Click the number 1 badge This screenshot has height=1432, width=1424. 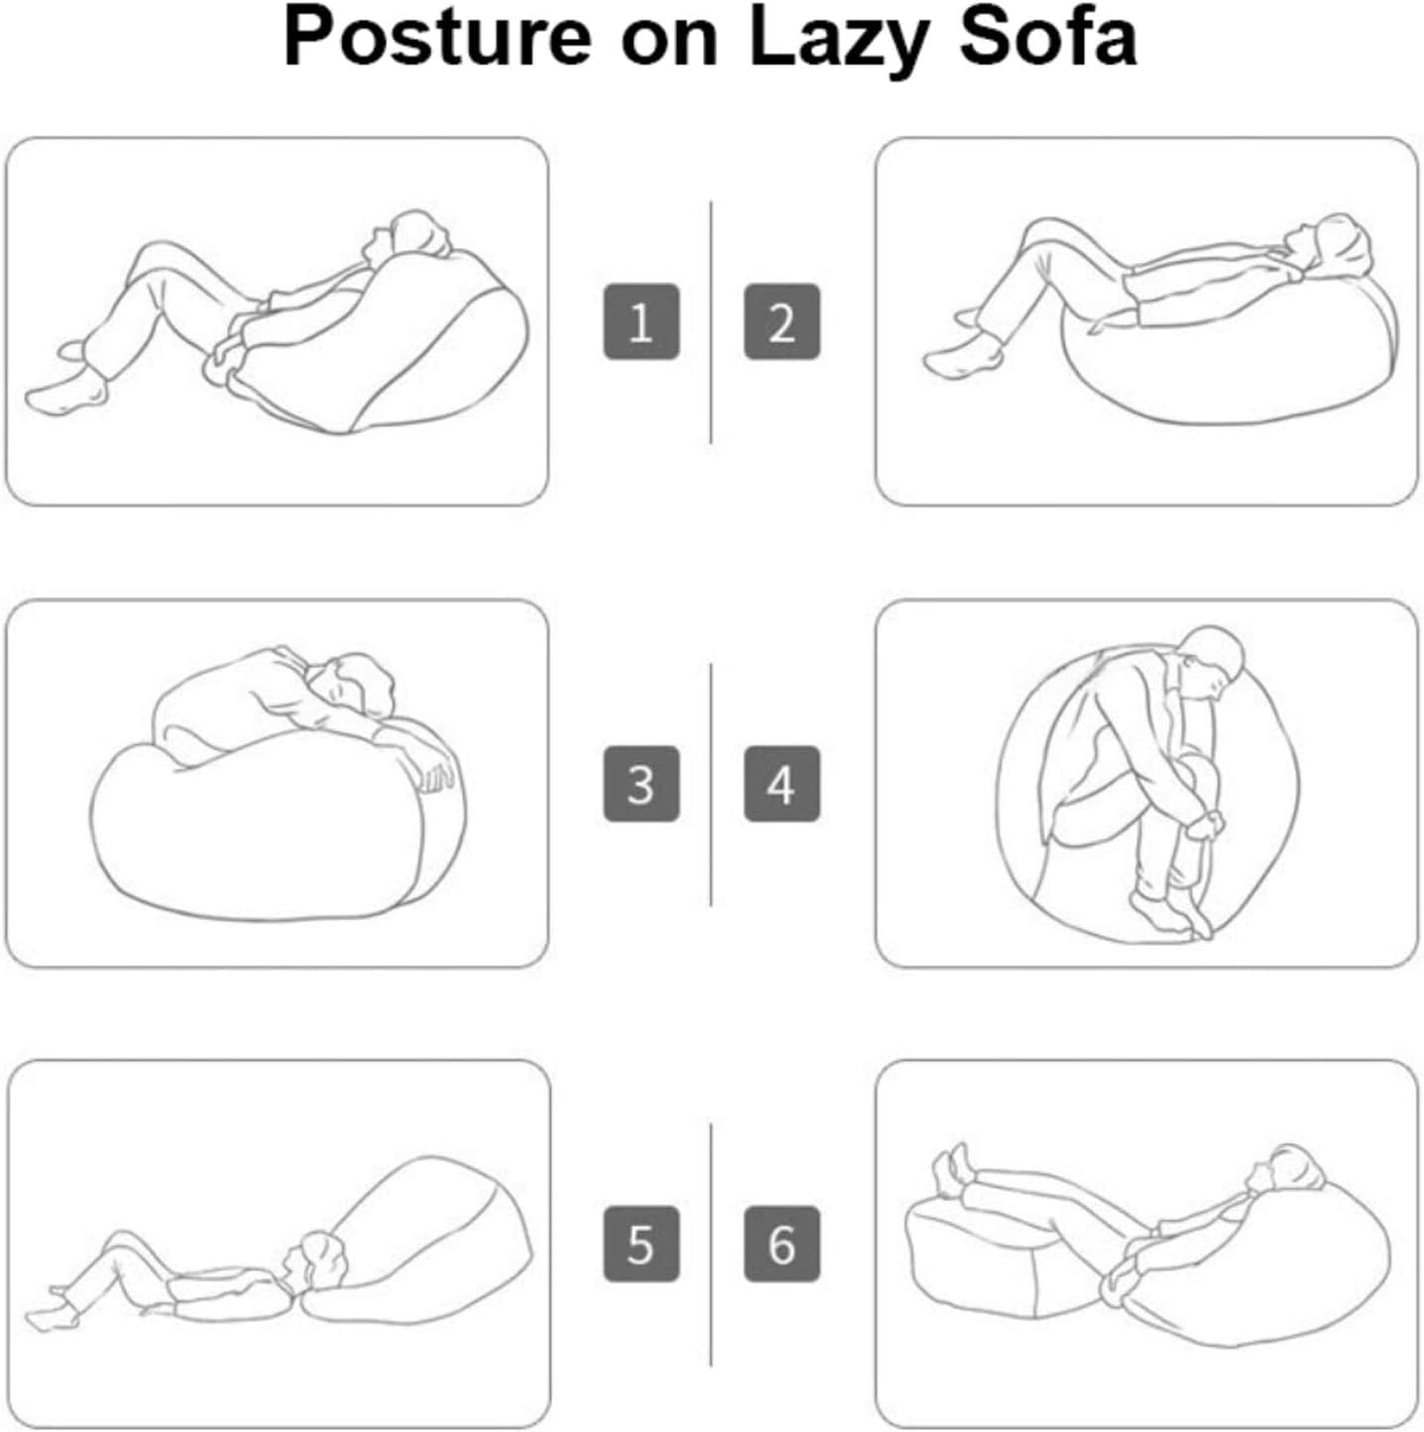(x=641, y=321)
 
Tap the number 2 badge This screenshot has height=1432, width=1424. (x=781, y=321)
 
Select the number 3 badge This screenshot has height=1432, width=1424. (x=641, y=784)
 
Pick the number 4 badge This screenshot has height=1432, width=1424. (x=781, y=784)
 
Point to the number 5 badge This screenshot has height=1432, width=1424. (x=641, y=1244)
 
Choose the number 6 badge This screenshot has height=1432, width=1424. (x=781, y=1244)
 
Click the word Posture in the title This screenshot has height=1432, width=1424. (x=437, y=37)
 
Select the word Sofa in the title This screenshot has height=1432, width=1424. (x=1048, y=37)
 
